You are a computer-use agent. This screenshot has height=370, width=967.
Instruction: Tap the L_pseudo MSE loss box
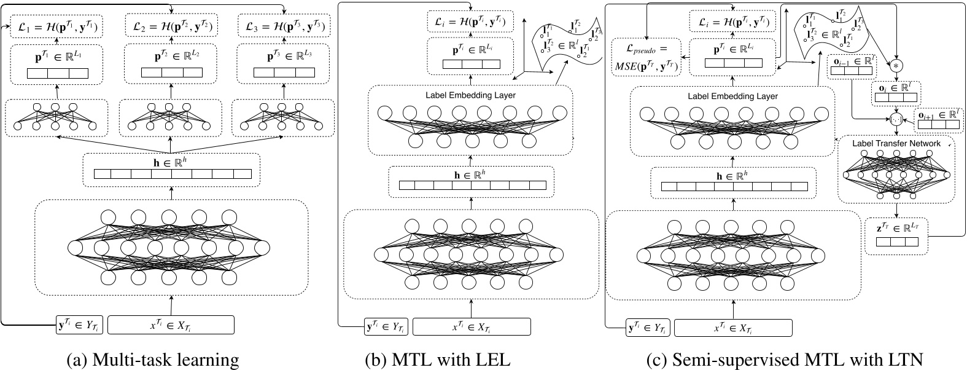click(x=647, y=58)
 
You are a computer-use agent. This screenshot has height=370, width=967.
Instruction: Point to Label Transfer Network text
click(x=896, y=143)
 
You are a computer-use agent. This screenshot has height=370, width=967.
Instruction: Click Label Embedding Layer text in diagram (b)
click(x=470, y=95)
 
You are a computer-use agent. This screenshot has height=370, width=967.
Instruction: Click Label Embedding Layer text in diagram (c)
click(x=732, y=96)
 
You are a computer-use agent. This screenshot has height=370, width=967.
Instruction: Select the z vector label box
click(x=896, y=236)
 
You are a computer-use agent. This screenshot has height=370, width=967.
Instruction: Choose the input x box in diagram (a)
click(x=171, y=324)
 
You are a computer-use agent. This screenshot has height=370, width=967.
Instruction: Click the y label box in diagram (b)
click(x=387, y=326)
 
